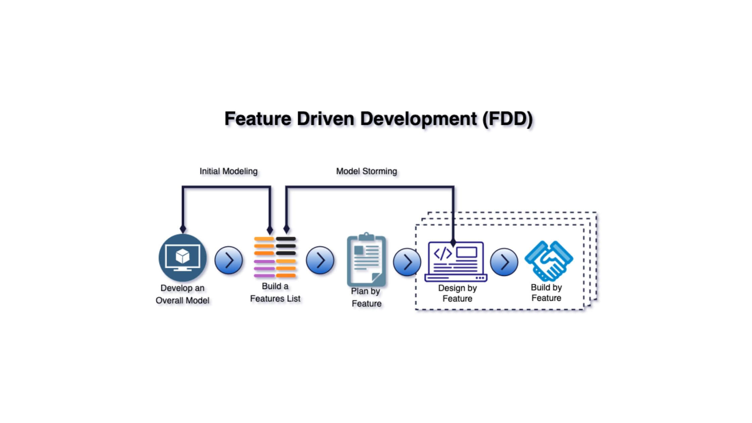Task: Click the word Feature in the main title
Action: [258, 119]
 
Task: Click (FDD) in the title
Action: [508, 119]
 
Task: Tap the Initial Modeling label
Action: [229, 171]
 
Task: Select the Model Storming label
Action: [367, 171]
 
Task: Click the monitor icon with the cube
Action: [183, 258]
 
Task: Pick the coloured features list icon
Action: [275, 257]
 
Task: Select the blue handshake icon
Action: [549, 261]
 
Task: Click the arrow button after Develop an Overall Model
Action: [229, 260]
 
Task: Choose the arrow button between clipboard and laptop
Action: [407, 262]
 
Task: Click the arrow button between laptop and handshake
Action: [504, 262]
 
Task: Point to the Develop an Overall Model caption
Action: [183, 294]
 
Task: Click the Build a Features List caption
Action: [275, 292]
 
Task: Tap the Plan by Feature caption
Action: [366, 297]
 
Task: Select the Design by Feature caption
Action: [457, 293]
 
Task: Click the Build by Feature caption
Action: [546, 293]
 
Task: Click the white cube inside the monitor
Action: [183, 256]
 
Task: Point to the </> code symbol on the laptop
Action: [442, 253]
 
